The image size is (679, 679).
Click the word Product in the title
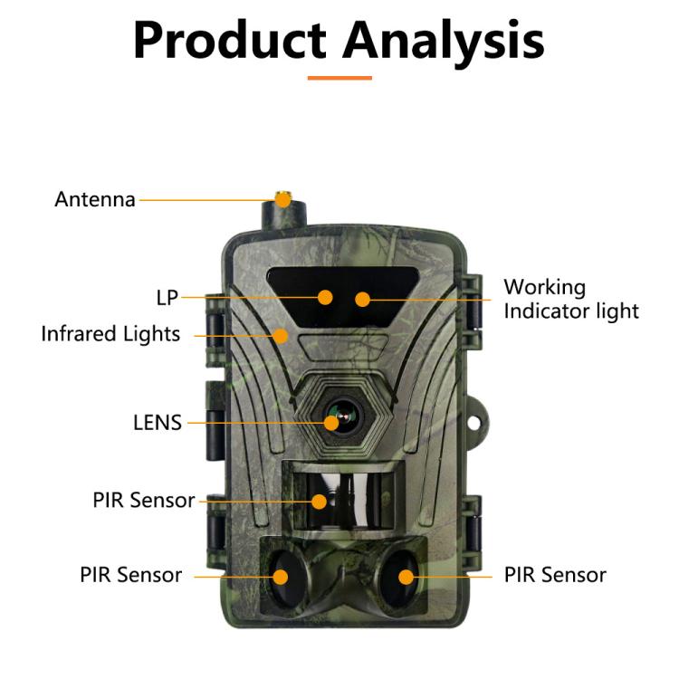[x=230, y=40]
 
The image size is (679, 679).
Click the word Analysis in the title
[x=445, y=40]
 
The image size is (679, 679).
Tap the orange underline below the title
[x=339, y=78]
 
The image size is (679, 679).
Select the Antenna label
[x=95, y=199]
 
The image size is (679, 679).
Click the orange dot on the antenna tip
[x=283, y=199]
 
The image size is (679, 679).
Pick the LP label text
[x=167, y=297]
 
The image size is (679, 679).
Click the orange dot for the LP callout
[x=325, y=297]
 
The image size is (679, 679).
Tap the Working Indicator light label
[x=570, y=300]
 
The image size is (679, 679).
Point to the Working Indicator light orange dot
[x=362, y=298]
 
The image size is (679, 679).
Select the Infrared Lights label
[x=110, y=334]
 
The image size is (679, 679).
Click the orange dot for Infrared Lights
[x=282, y=335]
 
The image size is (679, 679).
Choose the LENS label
[x=158, y=422]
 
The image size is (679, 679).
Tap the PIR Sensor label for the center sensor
[x=143, y=501]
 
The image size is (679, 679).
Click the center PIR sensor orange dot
[x=319, y=501]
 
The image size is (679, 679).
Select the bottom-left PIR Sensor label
[x=130, y=575]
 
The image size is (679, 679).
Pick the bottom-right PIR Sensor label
[x=555, y=575]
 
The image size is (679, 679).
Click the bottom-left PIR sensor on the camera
[x=281, y=576]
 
